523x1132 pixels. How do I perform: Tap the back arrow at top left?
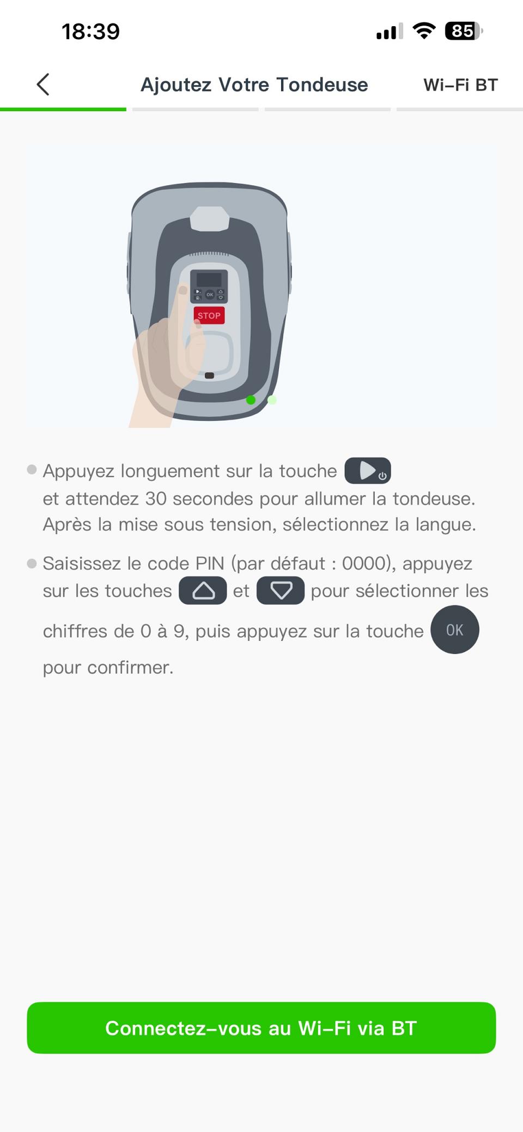pyautogui.click(x=43, y=84)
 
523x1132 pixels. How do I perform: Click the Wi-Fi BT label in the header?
pyautogui.click(x=460, y=85)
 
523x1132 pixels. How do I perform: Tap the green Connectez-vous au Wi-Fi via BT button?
pyautogui.click(x=261, y=1027)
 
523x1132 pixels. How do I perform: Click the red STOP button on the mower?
pyautogui.click(x=209, y=316)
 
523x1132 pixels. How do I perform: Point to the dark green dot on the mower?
pyautogui.click(x=251, y=400)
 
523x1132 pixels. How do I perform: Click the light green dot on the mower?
pyautogui.click(x=272, y=400)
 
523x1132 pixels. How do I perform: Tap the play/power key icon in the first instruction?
pyautogui.click(x=368, y=470)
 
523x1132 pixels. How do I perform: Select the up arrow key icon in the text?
pyautogui.click(x=203, y=590)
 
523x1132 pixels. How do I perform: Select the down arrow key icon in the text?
pyautogui.click(x=281, y=590)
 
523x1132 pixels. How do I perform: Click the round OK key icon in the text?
pyautogui.click(x=455, y=629)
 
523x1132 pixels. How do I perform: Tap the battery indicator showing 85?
pyautogui.click(x=464, y=31)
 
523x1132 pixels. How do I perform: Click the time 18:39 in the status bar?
pyautogui.click(x=90, y=32)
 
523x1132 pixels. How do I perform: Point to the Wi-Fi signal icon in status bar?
pyautogui.click(x=424, y=31)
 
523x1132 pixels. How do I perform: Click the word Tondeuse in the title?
pyautogui.click(x=322, y=85)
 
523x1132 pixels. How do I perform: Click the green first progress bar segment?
pyautogui.click(x=63, y=110)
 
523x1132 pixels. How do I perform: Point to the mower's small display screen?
pyautogui.click(x=209, y=280)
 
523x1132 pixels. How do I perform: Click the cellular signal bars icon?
pyautogui.click(x=390, y=32)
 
